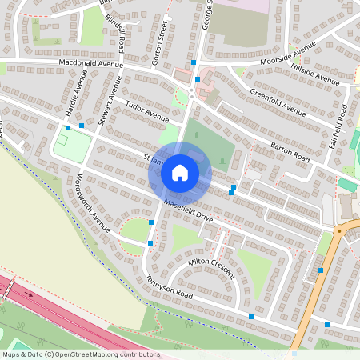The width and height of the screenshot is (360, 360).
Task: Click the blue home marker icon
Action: [180, 172]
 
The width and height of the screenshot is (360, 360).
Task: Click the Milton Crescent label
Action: [211, 267]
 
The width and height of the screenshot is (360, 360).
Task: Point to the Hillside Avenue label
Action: [316, 75]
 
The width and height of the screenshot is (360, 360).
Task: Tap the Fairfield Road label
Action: [341, 124]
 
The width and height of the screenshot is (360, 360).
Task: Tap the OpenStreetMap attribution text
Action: [80, 354]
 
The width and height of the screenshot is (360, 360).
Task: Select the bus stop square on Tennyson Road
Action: [251, 318]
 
